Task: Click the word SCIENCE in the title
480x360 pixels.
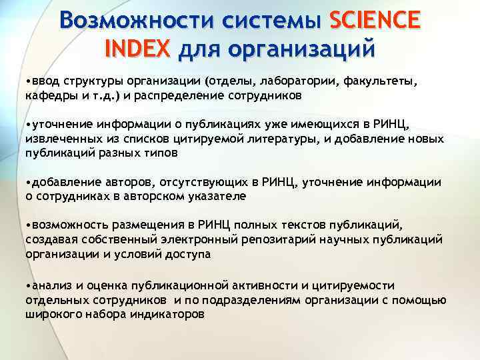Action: pyautogui.click(x=375, y=21)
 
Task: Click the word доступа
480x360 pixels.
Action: pyautogui.click(x=188, y=253)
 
